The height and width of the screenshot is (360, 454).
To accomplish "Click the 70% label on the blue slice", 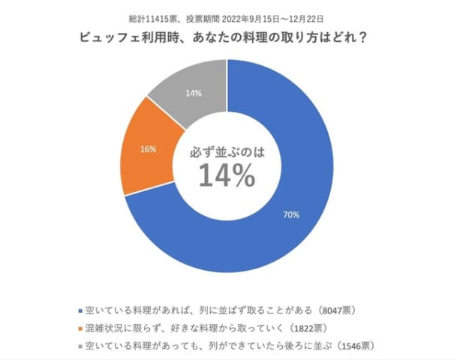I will coord(291,215).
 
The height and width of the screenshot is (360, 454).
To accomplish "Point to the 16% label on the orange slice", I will coord(148,149).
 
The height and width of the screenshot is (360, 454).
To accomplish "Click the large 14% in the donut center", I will coord(226,175).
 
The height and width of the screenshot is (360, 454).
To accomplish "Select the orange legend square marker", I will coord(80,328).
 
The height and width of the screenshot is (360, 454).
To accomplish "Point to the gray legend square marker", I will coord(80,346).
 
